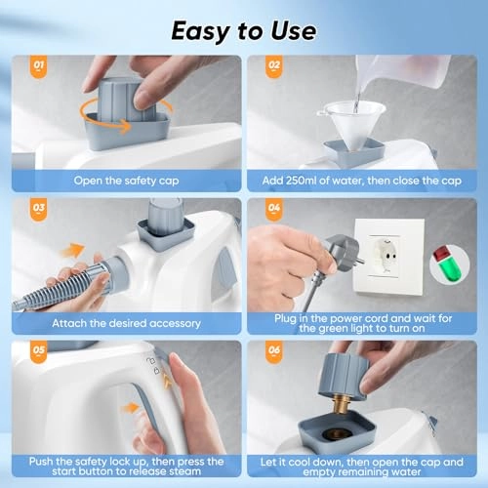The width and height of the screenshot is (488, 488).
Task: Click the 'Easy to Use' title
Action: click(243, 29)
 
